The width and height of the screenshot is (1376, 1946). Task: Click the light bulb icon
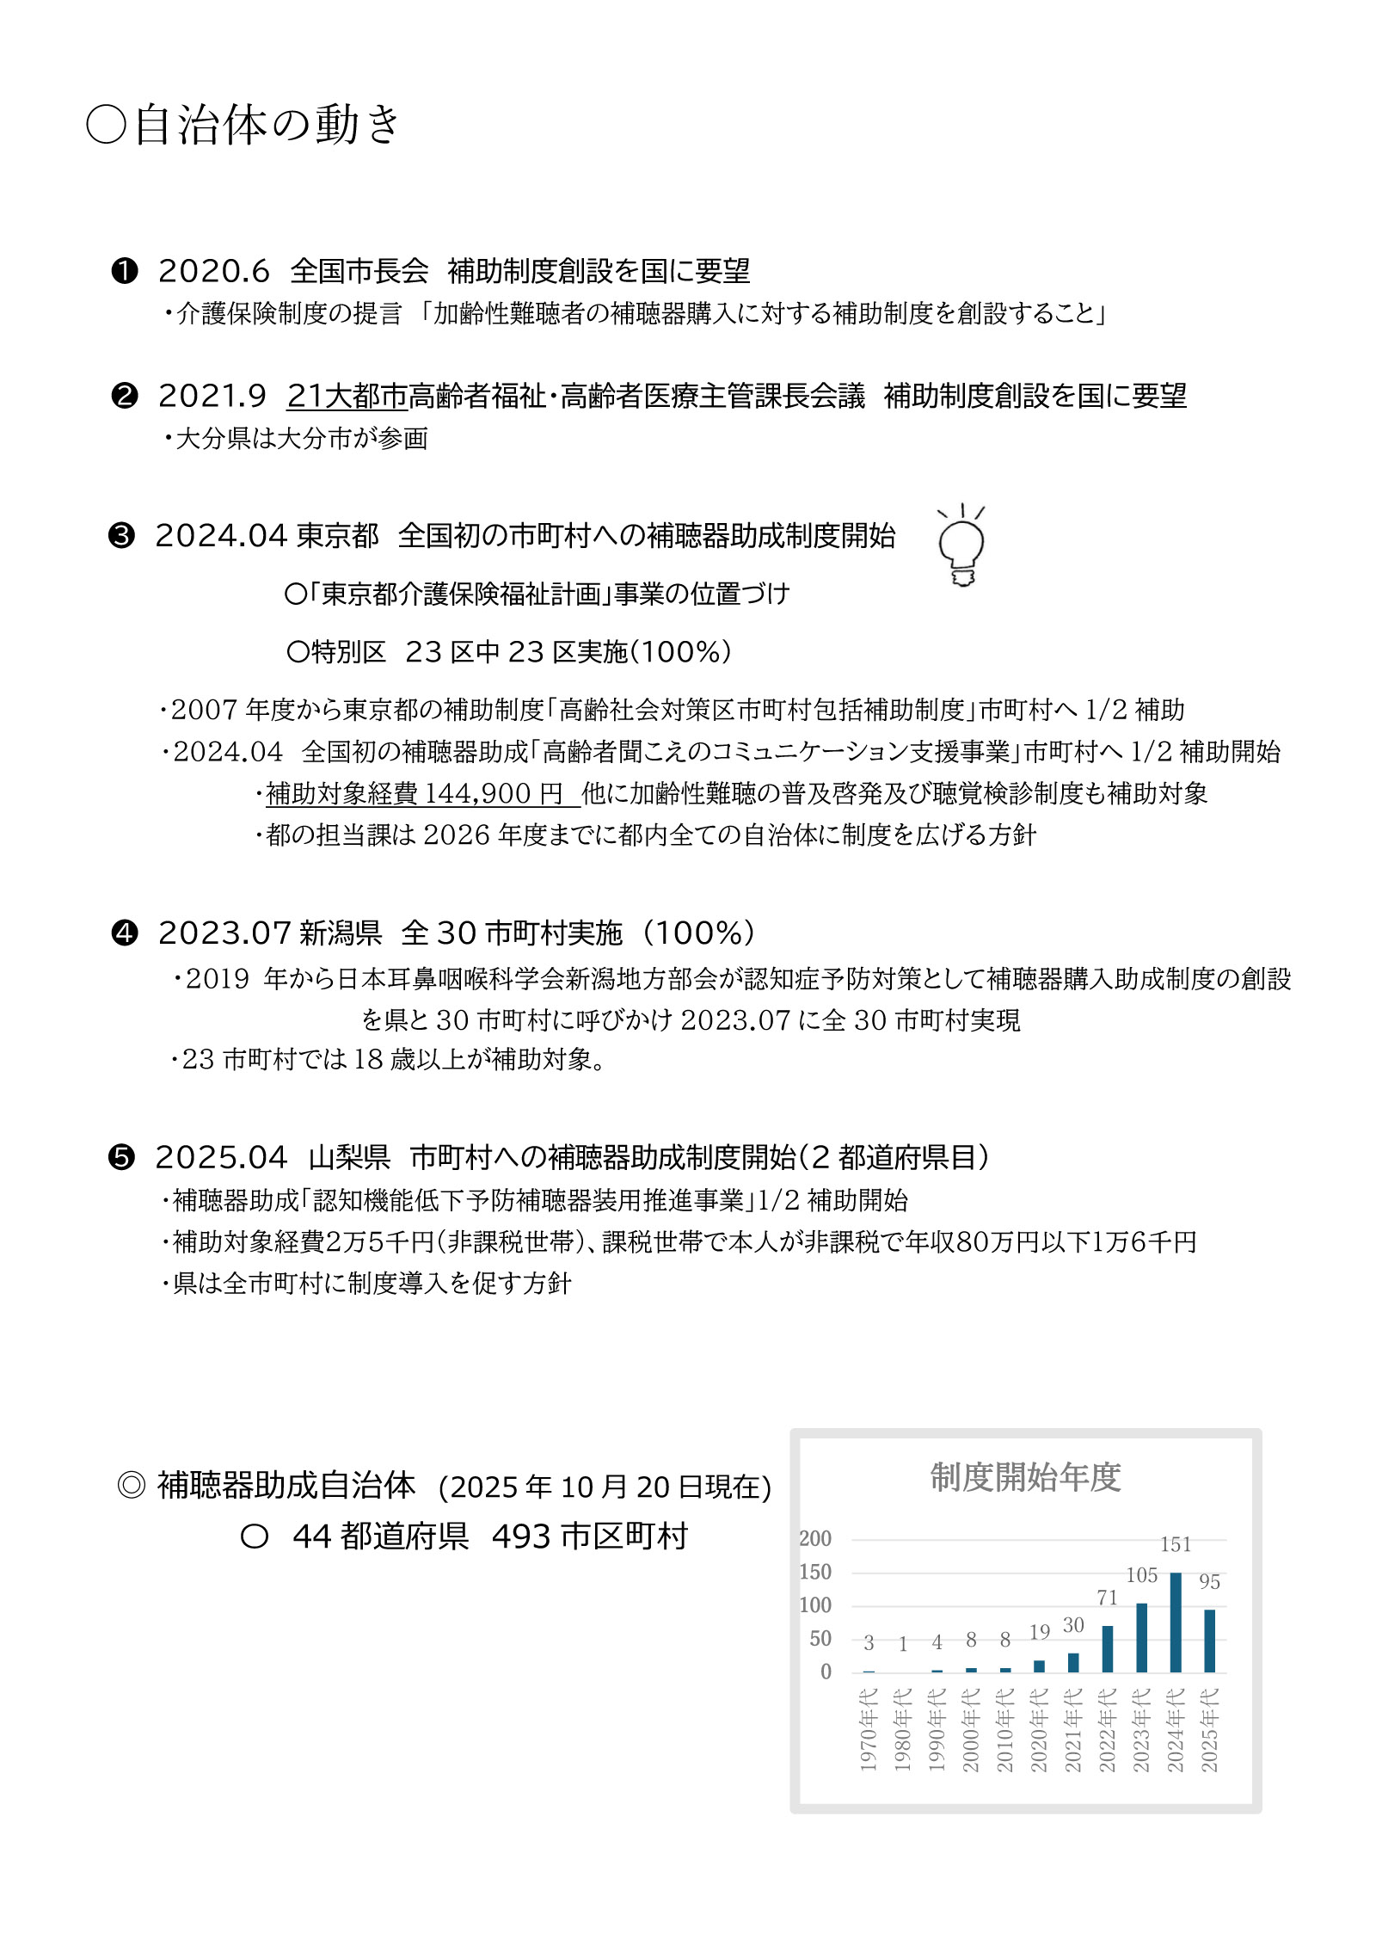click(x=961, y=547)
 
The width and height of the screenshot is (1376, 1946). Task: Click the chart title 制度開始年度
click(x=1025, y=1477)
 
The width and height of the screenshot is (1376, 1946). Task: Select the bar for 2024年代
click(x=1176, y=1623)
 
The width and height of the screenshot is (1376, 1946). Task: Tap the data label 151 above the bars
click(x=1176, y=1545)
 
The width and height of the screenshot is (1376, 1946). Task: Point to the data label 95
click(x=1209, y=1582)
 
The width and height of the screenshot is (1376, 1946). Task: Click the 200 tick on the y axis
click(x=815, y=1539)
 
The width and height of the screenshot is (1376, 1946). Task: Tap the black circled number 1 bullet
click(x=125, y=272)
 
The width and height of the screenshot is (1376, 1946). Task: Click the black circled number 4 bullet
click(x=125, y=933)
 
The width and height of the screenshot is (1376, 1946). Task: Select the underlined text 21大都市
click(x=347, y=396)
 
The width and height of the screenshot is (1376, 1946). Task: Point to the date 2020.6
click(x=214, y=272)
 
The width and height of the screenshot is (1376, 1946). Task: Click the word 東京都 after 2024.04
click(x=338, y=536)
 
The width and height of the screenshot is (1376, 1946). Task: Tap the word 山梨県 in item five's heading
click(x=349, y=1158)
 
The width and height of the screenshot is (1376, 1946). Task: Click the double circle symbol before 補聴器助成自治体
click(x=131, y=1486)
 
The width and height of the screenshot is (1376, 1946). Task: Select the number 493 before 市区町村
click(x=521, y=1536)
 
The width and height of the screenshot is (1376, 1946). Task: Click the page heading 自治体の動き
click(x=267, y=125)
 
